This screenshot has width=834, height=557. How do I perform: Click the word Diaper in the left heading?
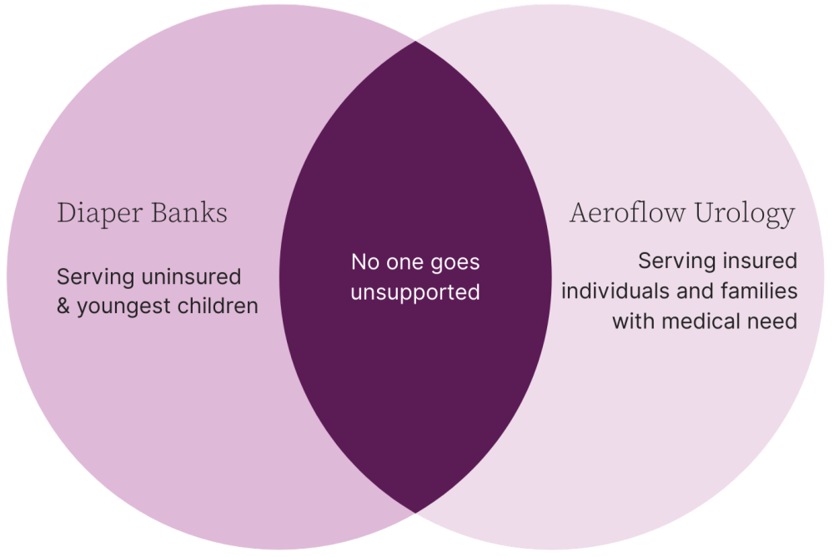coord(100,214)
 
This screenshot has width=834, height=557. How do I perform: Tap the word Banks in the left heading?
coord(189,212)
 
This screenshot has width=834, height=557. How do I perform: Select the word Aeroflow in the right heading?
coord(628,212)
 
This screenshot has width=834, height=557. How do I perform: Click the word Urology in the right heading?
coord(745,214)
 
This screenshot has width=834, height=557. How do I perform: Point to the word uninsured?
coord(192,276)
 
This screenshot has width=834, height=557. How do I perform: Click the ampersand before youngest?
coord(63,306)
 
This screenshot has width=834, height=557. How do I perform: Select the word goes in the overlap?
coord(455,263)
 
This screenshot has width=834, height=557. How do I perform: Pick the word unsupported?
coord(415,293)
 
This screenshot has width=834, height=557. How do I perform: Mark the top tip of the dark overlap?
coord(415,41)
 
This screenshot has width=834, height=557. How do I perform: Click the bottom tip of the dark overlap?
coord(415,513)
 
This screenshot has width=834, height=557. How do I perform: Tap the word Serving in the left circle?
coord(96,277)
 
